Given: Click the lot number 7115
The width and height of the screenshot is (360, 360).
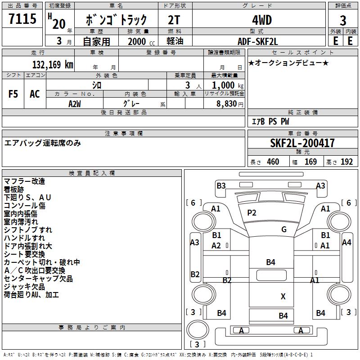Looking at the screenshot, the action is (x=22, y=19).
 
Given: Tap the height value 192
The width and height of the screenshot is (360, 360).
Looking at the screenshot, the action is (x=346, y=162).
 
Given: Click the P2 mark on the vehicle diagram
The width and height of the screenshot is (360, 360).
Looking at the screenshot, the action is (x=252, y=213).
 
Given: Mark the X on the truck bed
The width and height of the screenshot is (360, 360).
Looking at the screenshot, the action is (x=283, y=296).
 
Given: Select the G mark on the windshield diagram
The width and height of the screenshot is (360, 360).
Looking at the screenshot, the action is (x=284, y=229).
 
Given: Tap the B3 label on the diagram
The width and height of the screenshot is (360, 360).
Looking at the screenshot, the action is (x=220, y=185).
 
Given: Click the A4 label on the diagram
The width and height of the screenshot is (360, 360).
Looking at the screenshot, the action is (x=346, y=242).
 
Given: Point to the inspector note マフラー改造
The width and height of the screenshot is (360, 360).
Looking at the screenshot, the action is (x=24, y=181).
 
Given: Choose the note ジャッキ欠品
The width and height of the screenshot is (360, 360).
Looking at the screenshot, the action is (x=24, y=287).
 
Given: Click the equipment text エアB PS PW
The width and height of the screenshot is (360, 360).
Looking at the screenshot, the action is (x=270, y=122).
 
